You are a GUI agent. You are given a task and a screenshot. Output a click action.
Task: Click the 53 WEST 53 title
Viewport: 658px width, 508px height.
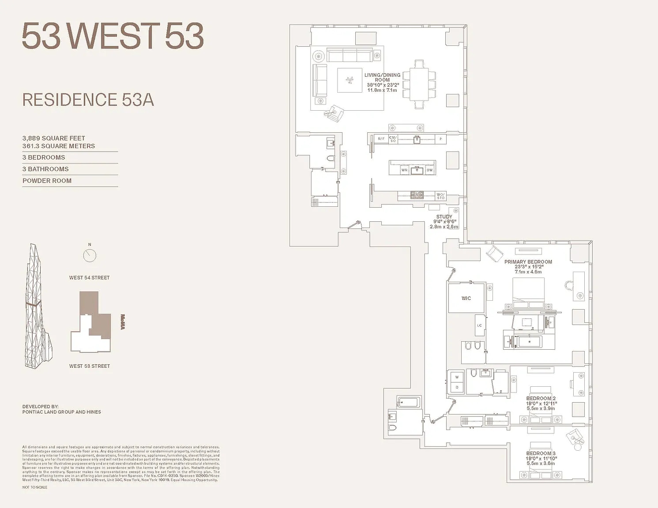113,36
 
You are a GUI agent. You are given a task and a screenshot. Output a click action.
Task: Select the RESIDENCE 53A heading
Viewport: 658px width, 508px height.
88,100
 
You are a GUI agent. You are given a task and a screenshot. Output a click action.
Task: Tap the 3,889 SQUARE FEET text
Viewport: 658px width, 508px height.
54,138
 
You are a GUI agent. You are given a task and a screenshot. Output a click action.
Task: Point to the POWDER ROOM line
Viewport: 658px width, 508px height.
47,181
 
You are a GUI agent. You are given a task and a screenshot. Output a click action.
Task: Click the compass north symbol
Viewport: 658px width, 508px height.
90,255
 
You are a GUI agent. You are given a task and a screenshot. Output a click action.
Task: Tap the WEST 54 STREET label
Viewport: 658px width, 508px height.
89,278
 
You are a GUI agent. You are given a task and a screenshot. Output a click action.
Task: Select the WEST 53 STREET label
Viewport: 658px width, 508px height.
89,366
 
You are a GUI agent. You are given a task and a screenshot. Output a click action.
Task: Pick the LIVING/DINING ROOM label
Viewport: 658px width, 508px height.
382,78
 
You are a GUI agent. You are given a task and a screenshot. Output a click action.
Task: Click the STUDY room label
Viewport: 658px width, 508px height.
444,217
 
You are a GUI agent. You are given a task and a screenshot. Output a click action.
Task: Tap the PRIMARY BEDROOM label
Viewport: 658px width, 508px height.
528,262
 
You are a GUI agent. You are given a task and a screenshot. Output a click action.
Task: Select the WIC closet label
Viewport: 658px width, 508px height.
466,299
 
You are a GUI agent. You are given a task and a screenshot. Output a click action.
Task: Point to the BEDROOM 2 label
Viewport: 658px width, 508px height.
541,399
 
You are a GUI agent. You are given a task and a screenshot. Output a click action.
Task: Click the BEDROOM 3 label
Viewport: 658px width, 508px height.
541,453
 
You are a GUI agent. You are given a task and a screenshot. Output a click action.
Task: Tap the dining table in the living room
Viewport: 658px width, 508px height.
419,84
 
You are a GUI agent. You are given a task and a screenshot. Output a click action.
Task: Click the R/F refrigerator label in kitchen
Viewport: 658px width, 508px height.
381,139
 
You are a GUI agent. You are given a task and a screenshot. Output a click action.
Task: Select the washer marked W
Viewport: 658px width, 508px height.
457,377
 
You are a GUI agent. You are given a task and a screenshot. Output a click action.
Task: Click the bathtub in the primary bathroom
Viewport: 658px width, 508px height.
530,342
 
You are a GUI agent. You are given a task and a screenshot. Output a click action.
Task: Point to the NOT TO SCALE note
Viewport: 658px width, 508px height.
35,487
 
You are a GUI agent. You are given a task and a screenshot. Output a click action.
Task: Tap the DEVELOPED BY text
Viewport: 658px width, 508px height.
41,407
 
